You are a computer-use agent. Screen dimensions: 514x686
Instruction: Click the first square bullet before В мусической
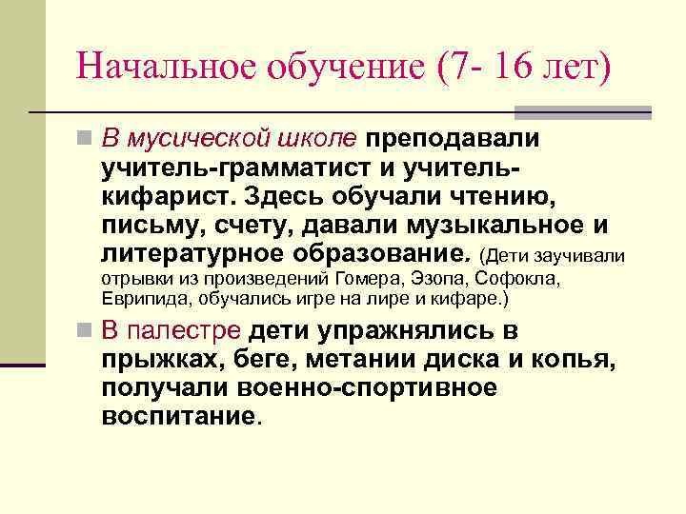click(x=87, y=140)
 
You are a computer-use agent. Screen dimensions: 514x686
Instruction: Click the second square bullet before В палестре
click(x=87, y=332)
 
